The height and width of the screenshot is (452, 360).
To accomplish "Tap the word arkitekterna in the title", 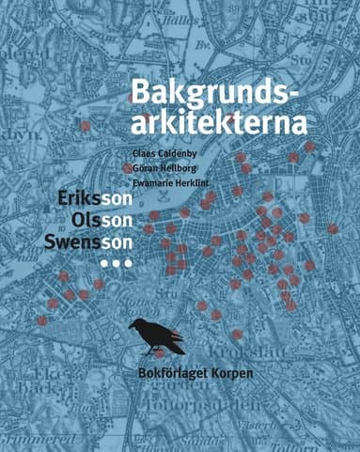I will [218, 122].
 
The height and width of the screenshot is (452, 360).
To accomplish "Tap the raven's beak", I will [130, 326].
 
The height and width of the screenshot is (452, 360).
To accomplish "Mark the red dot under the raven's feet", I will [160, 353].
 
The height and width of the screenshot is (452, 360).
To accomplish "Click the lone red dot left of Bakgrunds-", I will [86, 124].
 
